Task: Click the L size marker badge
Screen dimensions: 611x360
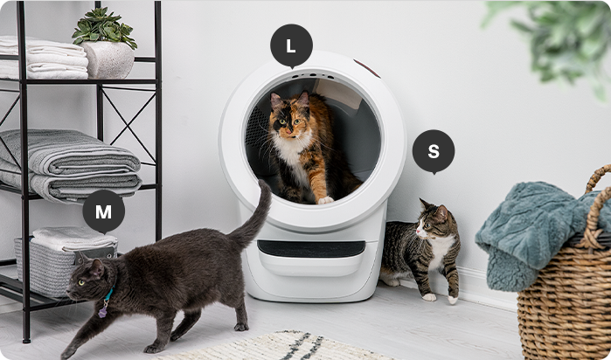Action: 291,45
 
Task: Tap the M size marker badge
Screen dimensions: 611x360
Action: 104,211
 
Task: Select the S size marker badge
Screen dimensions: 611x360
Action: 434,151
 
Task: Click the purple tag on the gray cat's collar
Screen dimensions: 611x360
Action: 103,310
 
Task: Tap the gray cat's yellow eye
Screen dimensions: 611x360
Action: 81,283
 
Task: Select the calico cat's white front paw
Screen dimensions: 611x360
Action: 325,200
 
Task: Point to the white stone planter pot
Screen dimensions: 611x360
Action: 108,59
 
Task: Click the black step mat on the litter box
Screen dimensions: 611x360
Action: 311,248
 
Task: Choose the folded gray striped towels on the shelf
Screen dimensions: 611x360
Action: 70,166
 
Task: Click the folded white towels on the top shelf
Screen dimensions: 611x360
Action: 43,58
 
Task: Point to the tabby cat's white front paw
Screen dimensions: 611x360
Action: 429,297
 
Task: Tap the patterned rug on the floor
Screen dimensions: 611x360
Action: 273,347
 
